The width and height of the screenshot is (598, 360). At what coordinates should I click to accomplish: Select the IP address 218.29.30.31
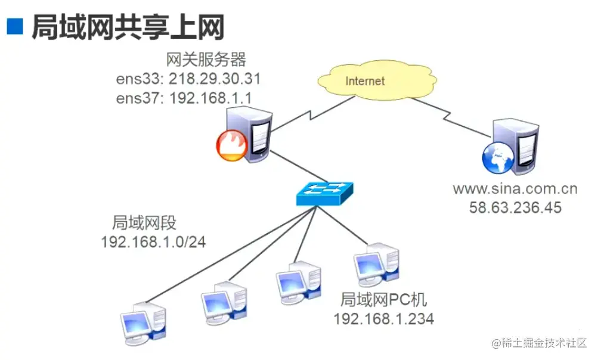[x=215, y=79]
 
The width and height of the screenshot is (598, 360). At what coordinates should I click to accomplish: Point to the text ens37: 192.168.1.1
[x=188, y=97]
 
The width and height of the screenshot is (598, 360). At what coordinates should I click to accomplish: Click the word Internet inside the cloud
[x=365, y=80]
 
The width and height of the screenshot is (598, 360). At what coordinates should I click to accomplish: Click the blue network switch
[x=325, y=192]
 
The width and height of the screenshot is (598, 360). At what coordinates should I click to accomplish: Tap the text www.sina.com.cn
[x=515, y=189]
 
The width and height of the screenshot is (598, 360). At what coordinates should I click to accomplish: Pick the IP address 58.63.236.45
[x=515, y=208]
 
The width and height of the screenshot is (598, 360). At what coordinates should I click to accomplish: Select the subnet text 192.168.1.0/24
[x=153, y=242]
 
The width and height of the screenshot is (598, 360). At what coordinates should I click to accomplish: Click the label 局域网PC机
[x=383, y=299]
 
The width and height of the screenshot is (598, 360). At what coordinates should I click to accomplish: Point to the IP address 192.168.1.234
[x=383, y=318]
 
